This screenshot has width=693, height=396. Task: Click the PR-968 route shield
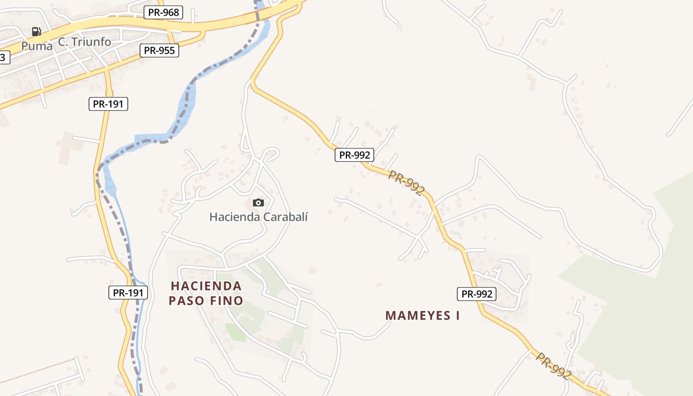pyautogui.click(x=163, y=12)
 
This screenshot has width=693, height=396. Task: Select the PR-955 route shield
pyautogui.click(x=159, y=50)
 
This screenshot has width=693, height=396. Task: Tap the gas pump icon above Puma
pyautogui.click(x=37, y=32)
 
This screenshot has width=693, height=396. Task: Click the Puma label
pyautogui.click(x=37, y=46)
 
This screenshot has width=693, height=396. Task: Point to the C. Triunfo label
pyautogui.click(x=85, y=42)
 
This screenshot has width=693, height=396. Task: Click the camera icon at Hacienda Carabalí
pyautogui.click(x=258, y=202)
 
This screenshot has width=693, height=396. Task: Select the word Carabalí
pyautogui.click(x=286, y=217)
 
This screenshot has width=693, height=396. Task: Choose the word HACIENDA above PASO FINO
pyautogui.click(x=206, y=286)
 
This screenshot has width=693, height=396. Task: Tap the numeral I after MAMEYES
pyautogui.click(x=457, y=315)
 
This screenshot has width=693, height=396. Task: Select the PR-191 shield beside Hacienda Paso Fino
pyautogui.click(x=128, y=293)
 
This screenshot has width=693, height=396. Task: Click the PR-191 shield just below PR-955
pyautogui.click(x=108, y=104)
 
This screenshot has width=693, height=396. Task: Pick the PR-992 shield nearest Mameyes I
pyautogui.click(x=477, y=294)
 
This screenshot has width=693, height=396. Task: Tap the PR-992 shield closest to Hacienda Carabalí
pyautogui.click(x=354, y=155)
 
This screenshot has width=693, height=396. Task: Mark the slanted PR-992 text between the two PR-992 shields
pyautogui.click(x=406, y=183)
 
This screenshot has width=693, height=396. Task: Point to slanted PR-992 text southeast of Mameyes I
pyautogui.click(x=553, y=366)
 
